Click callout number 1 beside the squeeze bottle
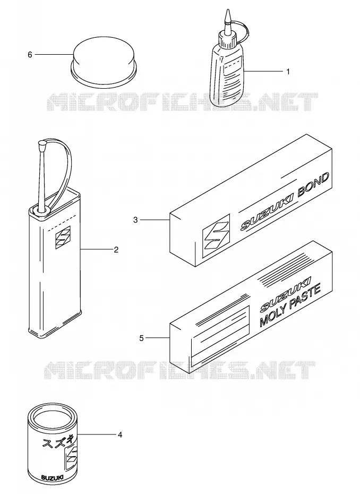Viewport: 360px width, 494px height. click(288, 72)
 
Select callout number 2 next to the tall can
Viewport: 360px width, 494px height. click(116, 250)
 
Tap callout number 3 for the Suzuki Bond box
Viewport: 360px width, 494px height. click(135, 220)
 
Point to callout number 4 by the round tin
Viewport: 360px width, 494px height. click(119, 435)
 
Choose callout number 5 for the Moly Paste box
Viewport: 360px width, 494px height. click(141, 338)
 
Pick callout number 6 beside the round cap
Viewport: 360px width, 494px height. click(30, 55)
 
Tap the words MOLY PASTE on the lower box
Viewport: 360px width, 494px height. click(290, 305)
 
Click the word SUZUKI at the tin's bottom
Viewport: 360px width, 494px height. click(52, 478)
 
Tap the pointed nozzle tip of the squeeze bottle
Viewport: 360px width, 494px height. click(227, 11)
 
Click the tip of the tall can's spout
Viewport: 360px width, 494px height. click(41, 144)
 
